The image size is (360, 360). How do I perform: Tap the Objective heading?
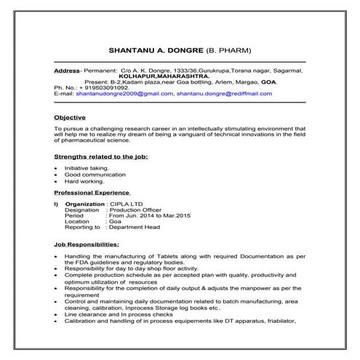coord(70,117)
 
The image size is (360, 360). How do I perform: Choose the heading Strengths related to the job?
coord(100,156)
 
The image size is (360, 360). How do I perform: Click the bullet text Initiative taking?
coord(87,168)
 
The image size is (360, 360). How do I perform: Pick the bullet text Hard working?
coord(83,181)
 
